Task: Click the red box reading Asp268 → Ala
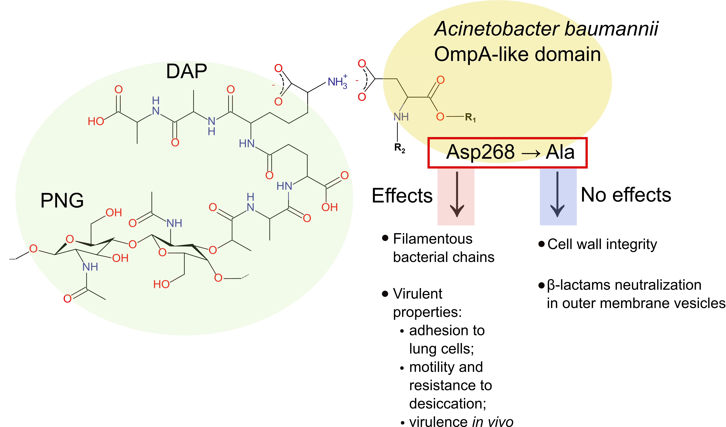pos(507,152)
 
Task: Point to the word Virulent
pos(417,294)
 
